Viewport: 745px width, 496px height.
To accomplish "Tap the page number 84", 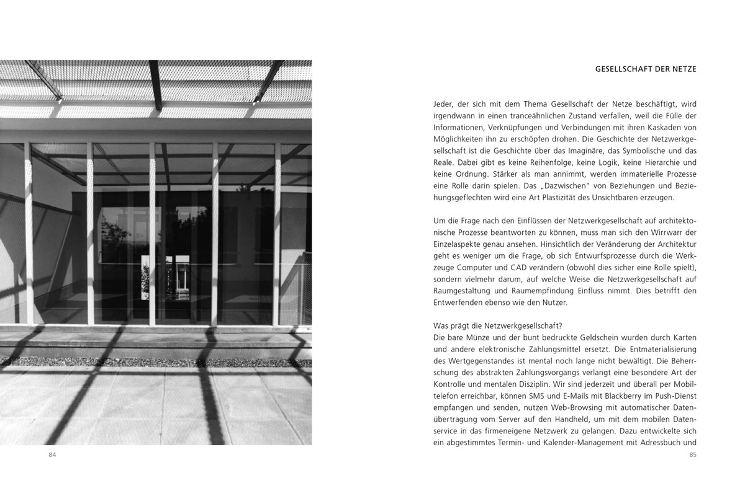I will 53,456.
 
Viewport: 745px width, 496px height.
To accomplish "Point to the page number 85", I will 693,456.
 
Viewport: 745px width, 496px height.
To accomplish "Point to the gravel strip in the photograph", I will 155,361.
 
